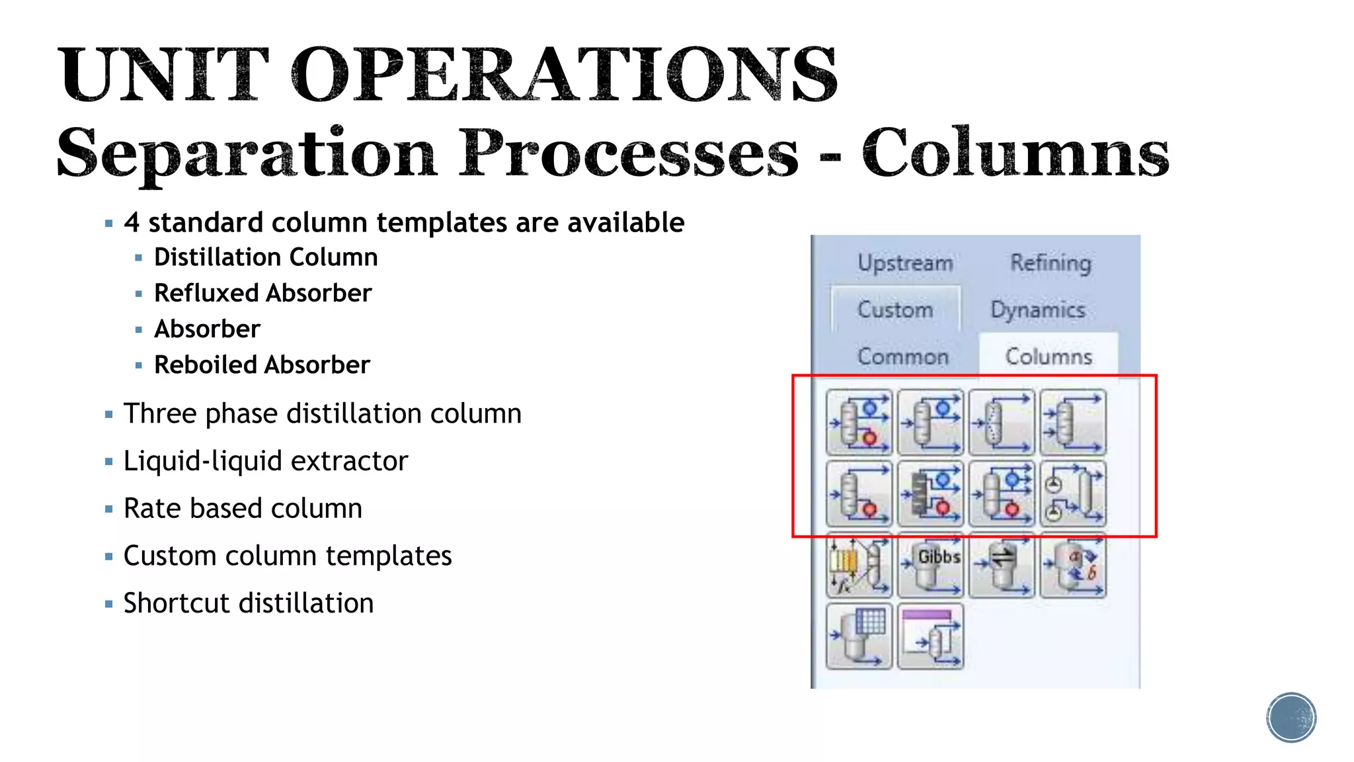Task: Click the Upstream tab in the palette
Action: (x=905, y=263)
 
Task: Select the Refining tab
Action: (x=1051, y=263)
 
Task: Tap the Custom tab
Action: (x=895, y=310)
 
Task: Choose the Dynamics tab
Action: (x=1038, y=310)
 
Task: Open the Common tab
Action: (x=903, y=357)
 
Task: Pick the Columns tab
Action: (x=1049, y=357)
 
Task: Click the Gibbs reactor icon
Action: (x=931, y=566)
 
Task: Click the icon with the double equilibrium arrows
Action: (x=1002, y=566)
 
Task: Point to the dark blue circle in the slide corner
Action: (x=1291, y=718)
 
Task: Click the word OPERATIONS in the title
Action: (x=564, y=74)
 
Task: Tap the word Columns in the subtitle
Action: (x=1015, y=153)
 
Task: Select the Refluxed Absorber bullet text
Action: (x=262, y=293)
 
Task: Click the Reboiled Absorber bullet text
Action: (x=262, y=364)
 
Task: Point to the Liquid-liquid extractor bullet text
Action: (x=266, y=461)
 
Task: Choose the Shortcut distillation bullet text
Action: (x=249, y=603)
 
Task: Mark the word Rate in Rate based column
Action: (x=147, y=509)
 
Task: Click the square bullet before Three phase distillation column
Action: (x=109, y=415)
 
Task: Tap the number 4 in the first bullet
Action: (x=132, y=223)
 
